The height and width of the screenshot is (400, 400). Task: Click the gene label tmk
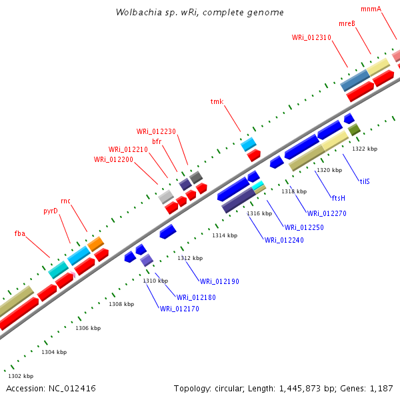coord(217,101)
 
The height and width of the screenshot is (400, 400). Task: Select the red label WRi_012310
coord(311,37)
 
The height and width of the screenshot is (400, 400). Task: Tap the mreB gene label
coord(347,23)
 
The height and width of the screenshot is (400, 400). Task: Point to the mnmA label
coord(371,9)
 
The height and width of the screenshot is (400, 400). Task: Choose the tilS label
coord(365,181)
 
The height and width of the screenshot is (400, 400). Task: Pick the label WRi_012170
coord(179,309)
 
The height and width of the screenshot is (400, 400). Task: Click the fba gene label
coord(20,233)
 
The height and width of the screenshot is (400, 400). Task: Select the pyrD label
coord(51,211)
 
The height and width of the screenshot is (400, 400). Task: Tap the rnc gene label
coord(65,201)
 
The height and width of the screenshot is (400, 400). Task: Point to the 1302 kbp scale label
coord(19,376)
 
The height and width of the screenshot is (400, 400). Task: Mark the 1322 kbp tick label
coord(365,149)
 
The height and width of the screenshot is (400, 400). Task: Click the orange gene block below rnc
coord(95,243)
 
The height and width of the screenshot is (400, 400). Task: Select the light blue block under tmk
coord(249,144)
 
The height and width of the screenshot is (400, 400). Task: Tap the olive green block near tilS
coord(354,129)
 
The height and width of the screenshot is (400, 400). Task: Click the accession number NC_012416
coord(70,388)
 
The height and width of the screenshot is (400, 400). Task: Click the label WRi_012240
coord(284,240)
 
